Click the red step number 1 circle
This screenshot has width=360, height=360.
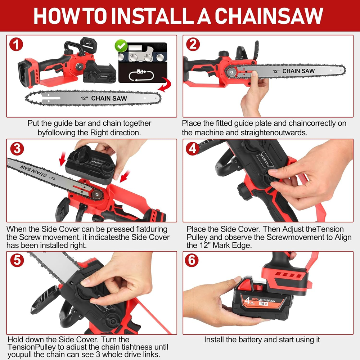coord(16,45)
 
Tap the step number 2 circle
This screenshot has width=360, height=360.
coord(193,44)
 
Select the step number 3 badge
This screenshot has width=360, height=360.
coord(17,149)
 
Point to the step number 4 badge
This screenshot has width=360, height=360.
coord(193,149)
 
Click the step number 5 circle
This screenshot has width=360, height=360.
coord(17,260)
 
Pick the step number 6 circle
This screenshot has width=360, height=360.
coord(192,260)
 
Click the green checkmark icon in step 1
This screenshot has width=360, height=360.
coord(121,46)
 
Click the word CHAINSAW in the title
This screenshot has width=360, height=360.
coord(269,16)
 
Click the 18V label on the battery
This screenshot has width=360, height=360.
coord(264,303)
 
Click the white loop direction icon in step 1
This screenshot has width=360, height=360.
coord(141,75)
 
